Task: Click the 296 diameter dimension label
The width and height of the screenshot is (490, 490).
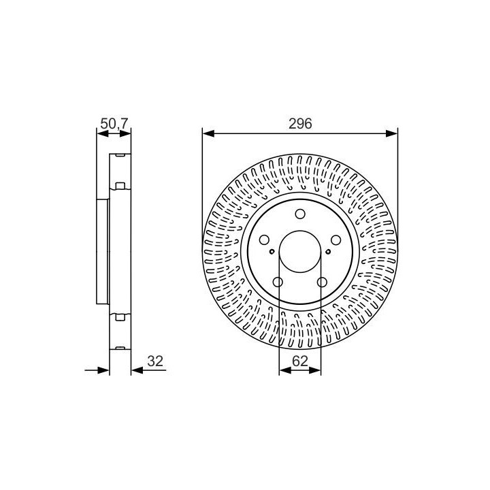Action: click(x=300, y=124)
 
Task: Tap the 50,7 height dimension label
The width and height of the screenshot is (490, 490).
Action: click(x=114, y=124)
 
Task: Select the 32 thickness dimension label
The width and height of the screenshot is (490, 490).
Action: click(x=155, y=361)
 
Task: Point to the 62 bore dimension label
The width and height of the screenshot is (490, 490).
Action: click(x=299, y=361)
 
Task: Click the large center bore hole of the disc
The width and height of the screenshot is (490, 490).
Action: click(x=300, y=252)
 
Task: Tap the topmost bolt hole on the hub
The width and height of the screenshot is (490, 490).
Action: click(x=300, y=214)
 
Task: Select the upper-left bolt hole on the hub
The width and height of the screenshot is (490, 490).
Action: click(x=264, y=240)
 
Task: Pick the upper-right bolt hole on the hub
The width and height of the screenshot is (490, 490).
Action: click(x=336, y=240)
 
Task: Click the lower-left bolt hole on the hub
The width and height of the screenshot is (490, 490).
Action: click(x=278, y=282)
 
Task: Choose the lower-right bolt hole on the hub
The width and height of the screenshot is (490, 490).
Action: click(x=322, y=282)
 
